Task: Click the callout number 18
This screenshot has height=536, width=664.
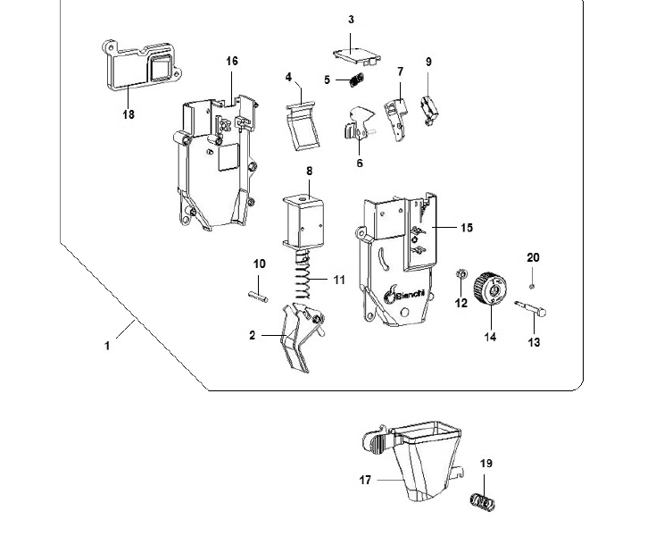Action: coord(129,114)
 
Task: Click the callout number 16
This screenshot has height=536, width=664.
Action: coord(232,61)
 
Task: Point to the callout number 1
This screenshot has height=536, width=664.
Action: coord(107,344)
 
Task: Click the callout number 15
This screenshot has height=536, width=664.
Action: coord(467,228)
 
